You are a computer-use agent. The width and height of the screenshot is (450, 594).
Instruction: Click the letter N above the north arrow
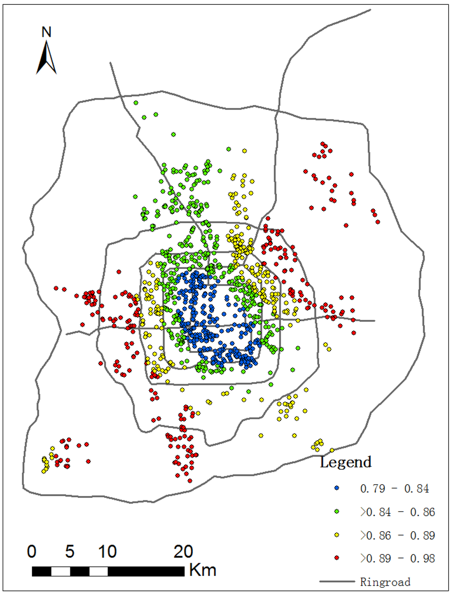point(46,32)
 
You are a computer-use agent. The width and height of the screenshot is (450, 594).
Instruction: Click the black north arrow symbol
point(46,58)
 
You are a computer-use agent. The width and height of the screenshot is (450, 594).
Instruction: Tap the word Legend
point(345,462)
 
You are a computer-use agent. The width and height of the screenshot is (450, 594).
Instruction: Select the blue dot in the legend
point(337,488)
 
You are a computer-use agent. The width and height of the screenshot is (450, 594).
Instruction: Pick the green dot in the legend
point(337,512)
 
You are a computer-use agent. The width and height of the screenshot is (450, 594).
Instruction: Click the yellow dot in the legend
point(337,535)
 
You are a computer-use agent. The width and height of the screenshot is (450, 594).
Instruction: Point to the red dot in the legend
point(337,558)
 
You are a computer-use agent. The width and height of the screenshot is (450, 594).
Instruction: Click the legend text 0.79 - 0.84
point(394,489)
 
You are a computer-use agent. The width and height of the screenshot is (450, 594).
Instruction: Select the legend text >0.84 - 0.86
point(397,512)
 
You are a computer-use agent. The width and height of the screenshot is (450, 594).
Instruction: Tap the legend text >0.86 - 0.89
point(397,535)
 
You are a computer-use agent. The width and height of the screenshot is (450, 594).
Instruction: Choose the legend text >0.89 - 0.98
point(397,558)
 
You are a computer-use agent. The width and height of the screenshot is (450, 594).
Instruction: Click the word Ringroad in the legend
point(385,582)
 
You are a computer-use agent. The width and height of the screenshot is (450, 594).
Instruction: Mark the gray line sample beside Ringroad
point(337,581)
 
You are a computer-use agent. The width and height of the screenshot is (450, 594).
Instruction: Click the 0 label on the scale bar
point(32,552)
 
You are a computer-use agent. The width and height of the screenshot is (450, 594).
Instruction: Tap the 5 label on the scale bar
point(70,552)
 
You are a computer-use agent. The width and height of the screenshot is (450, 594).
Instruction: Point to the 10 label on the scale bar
point(107,552)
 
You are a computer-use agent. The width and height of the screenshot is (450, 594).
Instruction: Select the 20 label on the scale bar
point(183,552)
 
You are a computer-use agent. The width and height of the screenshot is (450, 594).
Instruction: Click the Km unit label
point(203,570)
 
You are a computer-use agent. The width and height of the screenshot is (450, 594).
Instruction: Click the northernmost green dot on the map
point(136,103)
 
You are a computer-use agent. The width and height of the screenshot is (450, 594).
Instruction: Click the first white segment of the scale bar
point(61,572)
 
